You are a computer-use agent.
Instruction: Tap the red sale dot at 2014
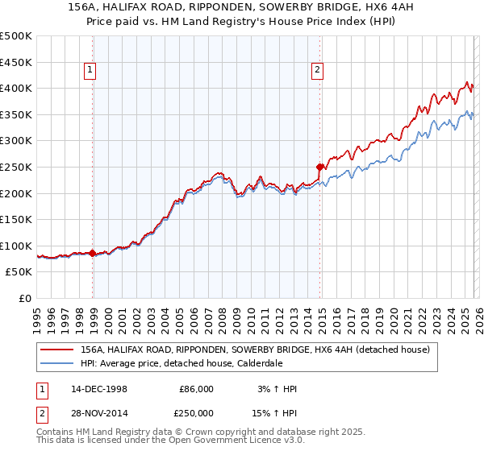click(320, 168)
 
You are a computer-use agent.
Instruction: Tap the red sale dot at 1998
click(93, 253)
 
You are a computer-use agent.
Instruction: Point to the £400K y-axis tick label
click(16, 88)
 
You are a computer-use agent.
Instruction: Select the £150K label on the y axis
click(16, 219)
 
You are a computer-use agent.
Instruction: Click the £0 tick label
click(25, 298)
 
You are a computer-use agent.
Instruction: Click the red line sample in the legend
click(57, 350)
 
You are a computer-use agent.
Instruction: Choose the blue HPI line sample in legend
click(57, 363)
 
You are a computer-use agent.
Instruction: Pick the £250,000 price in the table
click(196, 412)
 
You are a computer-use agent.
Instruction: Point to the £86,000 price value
click(196, 389)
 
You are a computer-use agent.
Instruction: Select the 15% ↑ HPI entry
click(275, 412)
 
